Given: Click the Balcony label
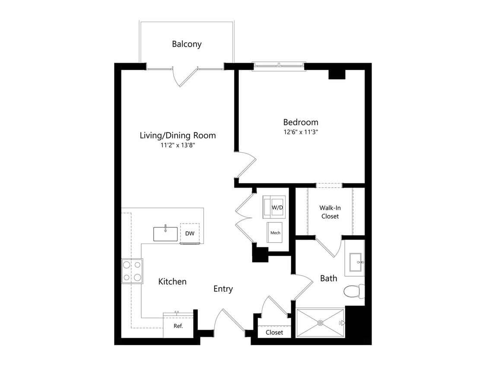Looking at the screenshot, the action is (187, 44).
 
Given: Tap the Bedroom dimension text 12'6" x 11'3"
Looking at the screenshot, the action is (301, 132).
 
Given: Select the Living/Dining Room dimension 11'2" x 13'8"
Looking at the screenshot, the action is (178, 145).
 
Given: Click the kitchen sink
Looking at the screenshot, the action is (165, 234).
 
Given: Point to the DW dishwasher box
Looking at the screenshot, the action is (190, 233).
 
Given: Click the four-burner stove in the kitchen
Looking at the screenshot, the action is (132, 271).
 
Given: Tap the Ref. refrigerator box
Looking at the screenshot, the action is (178, 326).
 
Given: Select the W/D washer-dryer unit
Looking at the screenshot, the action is (274, 207).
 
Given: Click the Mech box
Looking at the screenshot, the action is (275, 233).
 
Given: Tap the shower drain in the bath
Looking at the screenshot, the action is (320, 323).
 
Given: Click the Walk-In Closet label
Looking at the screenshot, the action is (330, 212).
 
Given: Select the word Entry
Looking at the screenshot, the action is (223, 289).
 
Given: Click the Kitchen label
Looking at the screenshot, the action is (172, 282).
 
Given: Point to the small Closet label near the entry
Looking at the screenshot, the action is (274, 333).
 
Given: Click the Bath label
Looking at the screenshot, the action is (329, 278).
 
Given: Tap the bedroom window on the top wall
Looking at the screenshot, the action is (279, 66).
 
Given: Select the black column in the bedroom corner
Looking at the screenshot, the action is (337, 74).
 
